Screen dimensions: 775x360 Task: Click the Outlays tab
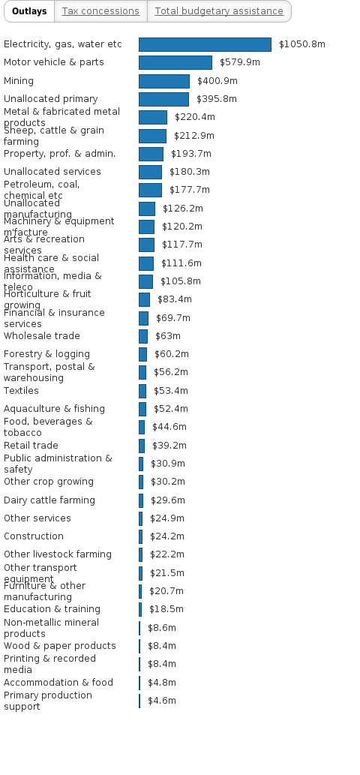click(29, 11)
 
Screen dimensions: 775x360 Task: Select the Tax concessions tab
click(100, 11)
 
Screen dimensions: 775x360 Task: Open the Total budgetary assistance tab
click(219, 11)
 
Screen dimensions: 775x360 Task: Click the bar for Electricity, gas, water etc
click(205, 44)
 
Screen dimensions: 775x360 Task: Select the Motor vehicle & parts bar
click(175, 62)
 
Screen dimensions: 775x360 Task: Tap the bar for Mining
click(164, 81)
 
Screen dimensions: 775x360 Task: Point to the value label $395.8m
click(217, 99)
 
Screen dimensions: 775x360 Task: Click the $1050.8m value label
click(302, 44)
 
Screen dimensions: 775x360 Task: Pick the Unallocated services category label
click(52, 172)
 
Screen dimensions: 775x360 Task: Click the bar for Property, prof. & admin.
click(151, 154)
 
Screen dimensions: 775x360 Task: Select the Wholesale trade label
click(42, 336)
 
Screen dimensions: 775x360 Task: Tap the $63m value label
click(168, 336)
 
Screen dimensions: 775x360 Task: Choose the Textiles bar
click(142, 391)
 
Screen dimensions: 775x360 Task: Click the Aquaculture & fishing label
click(55, 409)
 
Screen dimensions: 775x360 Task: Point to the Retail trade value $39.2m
click(169, 446)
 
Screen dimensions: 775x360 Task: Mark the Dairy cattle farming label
click(49, 500)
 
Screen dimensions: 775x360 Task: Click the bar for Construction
click(140, 536)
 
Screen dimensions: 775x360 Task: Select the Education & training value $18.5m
click(166, 609)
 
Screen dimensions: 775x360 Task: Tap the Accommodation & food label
click(58, 683)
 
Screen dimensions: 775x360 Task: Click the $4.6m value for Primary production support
click(162, 701)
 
